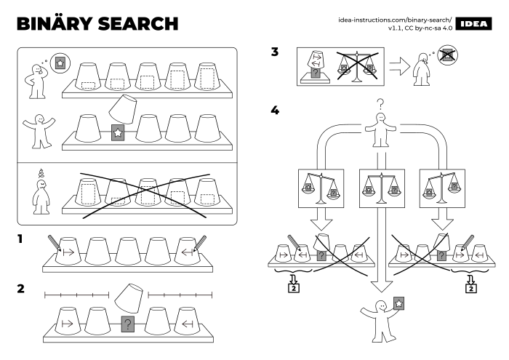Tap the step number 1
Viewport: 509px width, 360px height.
pos(21,238)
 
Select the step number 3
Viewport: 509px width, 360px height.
pos(274,52)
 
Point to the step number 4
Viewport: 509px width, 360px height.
pos(274,111)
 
